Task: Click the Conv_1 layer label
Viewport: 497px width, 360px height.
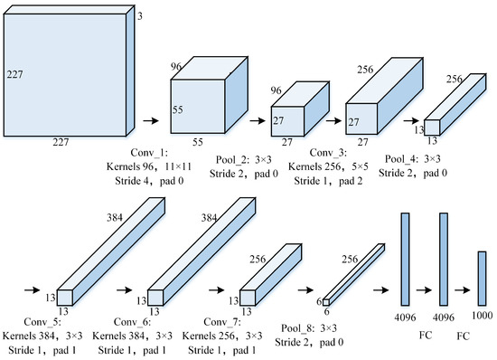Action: (x=149, y=153)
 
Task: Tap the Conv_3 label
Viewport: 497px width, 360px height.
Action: (x=328, y=153)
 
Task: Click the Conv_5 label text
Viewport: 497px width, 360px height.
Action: (x=42, y=322)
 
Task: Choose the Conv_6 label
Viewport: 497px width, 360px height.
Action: (x=132, y=322)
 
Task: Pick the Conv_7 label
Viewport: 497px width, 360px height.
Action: (x=222, y=322)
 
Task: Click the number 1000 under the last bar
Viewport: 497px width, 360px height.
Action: (x=483, y=316)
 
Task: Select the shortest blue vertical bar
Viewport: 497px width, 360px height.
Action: (x=483, y=279)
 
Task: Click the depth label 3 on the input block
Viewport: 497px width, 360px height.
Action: (x=140, y=16)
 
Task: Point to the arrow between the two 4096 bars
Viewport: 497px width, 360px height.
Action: (x=424, y=290)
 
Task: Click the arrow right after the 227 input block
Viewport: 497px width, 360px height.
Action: (x=151, y=120)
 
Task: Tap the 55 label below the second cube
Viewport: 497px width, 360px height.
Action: (x=198, y=142)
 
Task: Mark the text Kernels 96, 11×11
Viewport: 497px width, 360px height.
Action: (x=149, y=166)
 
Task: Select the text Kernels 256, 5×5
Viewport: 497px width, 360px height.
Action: (x=328, y=166)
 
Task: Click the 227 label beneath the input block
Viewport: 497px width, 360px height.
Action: (x=61, y=142)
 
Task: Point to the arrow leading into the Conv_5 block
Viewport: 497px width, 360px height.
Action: (x=32, y=290)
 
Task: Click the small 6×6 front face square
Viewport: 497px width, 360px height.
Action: (x=326, y=302)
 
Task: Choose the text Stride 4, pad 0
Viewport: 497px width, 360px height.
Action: (x=149, y=181)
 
